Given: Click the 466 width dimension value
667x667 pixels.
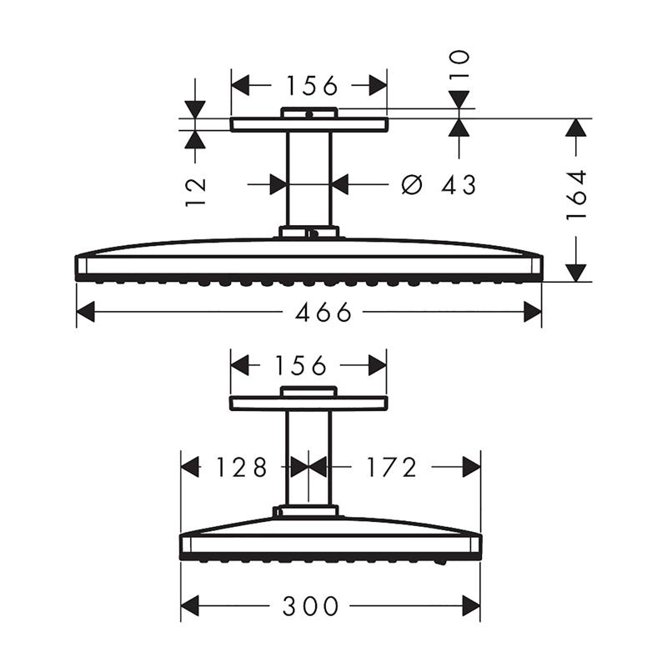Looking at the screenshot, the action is click(323, 312).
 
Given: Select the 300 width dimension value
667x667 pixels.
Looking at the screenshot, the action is click(311, 606).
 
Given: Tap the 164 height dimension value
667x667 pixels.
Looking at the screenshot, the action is click(576, 195).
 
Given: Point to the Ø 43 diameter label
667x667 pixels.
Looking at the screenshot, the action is click(439, 185).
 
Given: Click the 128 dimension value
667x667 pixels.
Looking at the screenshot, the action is click(242, 467).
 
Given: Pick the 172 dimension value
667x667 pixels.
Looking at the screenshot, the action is click(392, 467).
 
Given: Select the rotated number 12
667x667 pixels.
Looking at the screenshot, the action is click(196, 193).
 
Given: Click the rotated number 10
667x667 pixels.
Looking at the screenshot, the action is click(459, 64).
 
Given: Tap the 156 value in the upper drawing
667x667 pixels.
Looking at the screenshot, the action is click(312, 86).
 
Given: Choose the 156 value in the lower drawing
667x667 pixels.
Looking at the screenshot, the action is click(301, 365).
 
